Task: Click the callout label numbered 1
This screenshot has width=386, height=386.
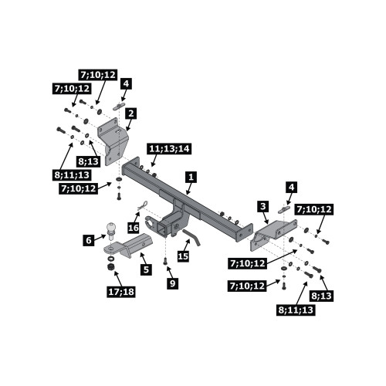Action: point(191,178)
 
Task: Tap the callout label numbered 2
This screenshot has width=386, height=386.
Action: point(131,113)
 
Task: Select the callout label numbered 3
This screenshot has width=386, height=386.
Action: point(263,206)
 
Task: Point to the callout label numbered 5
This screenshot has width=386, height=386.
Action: point(146,269)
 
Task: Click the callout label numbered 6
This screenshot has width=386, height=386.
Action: point(89,240)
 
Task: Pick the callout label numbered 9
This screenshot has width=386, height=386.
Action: point(172,283)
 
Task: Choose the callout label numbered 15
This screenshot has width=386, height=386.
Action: point(183,256)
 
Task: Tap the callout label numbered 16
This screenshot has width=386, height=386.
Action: point(134,228)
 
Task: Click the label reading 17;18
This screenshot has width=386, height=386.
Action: point(121,292)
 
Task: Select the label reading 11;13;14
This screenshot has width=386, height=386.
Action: point(169,149)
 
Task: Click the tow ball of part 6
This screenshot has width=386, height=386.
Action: point(111,228)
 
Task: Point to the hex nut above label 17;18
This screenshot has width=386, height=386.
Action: point(110,268)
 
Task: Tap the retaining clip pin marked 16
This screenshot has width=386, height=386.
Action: point(142,205)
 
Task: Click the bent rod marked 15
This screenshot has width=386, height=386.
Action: point(191,238)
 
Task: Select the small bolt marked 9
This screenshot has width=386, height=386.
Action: point(165,261)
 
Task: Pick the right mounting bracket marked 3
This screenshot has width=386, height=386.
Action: point(273,234)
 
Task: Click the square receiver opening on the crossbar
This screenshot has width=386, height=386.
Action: point(161,229)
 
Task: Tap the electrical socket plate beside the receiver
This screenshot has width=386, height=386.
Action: point(149,222)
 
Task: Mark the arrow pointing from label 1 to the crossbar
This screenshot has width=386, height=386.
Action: point(189,189)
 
